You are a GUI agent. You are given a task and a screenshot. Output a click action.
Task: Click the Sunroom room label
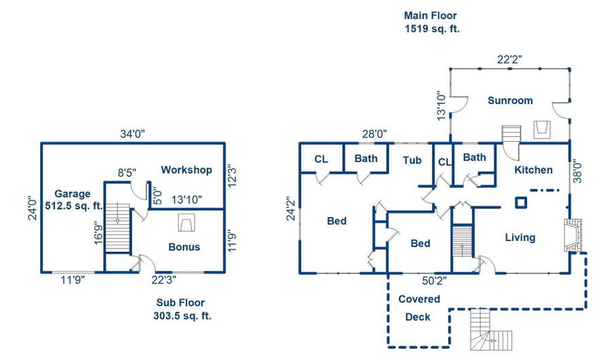[510, 101]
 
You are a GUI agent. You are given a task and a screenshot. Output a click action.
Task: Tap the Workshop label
[186, 170]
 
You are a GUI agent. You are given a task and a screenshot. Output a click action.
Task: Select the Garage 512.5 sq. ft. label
[73, 200]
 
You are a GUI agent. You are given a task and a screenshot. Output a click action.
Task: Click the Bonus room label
[184, 246]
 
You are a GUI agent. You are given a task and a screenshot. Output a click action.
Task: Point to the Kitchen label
[533, 170]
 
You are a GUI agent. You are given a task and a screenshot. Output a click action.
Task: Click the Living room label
[520, 238]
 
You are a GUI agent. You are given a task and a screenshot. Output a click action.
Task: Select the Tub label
[412, 161]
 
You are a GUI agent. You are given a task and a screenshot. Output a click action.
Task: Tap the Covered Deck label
[419, 308]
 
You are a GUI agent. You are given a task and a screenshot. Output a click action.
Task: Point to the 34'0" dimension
[133, 134]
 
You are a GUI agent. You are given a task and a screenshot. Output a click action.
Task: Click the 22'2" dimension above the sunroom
[509, 60]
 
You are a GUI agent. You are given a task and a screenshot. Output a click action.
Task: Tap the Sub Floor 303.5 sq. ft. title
[180, 309]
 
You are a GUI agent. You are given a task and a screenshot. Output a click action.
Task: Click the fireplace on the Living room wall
[573, 235]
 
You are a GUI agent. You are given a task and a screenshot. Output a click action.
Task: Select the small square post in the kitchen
[521, 202]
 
